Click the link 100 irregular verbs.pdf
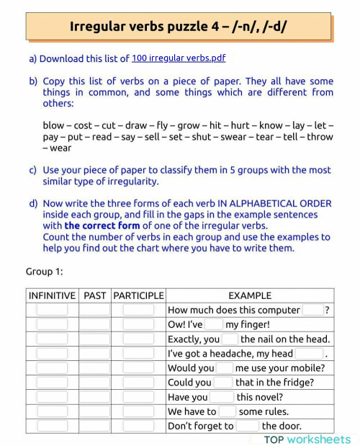pyautogui.click(x=184, y=58)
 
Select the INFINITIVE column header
pyautogui.click(x=52, y=295)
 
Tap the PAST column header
pyautogui.click(x=94, y=295)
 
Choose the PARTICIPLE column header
pyautogui.click(x=139, y=295)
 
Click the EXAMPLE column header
pyautogui.click(x=250, y=295)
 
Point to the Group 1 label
pyautogui.click(x=45, y=271)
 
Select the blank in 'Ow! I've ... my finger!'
pyautogui.click(x=214, y=324)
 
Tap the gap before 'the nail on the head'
pyautogui.click(x=230, y=339)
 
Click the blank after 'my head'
pyautogui.click(x=309, y=353)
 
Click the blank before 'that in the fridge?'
pyautogui.click(x=223, y=382)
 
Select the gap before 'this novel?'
pyautogui.click(x=222, y=397)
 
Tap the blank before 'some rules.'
pyautogui.click(x=227, y=411)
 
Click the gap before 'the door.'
pyautogui.click(x=247, y=426)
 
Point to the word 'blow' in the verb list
pyautogui.click(x=55, y=125)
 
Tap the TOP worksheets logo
pyautogui.click(x=307, y=439)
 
